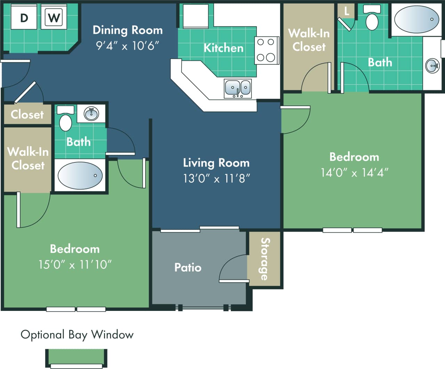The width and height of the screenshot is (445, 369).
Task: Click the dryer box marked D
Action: (24, 17)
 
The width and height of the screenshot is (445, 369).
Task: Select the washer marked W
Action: (54, 17)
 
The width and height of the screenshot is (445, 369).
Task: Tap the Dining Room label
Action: (128, 30)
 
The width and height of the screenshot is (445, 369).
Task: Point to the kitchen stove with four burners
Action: (266, 50)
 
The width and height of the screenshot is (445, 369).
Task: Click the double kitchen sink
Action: (238, 88)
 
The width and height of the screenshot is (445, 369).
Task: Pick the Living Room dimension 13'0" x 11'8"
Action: (216, 178)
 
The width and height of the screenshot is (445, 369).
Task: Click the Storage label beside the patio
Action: (265, 259)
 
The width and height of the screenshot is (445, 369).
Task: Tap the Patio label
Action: (188, 267)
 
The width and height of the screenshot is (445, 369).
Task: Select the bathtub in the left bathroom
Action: (80, 176)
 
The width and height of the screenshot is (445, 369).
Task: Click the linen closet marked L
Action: (346, 11)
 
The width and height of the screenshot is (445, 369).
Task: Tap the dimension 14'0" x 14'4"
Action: (354, 173)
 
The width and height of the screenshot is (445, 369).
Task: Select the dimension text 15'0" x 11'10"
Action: (75, 264)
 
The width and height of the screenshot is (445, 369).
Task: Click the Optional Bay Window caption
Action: (77, 335)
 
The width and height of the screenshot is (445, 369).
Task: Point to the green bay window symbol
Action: (76, 358)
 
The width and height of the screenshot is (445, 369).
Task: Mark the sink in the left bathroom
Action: (91, 113)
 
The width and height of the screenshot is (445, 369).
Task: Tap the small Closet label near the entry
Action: (27, 114)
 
